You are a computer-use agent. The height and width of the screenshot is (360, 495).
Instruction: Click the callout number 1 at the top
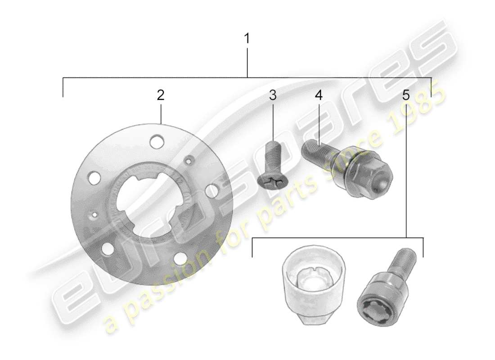click(x=247, y=38)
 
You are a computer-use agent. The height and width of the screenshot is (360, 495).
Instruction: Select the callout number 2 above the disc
click(x=161, y=95)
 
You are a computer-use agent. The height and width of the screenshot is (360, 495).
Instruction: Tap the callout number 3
click(x=273, y=95)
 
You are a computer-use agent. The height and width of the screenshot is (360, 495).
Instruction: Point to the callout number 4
click(x=319, y=95)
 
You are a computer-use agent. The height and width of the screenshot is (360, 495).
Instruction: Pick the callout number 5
click(x=406, y=95)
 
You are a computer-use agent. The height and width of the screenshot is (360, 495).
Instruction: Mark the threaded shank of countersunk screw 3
click(x=274, y=155)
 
